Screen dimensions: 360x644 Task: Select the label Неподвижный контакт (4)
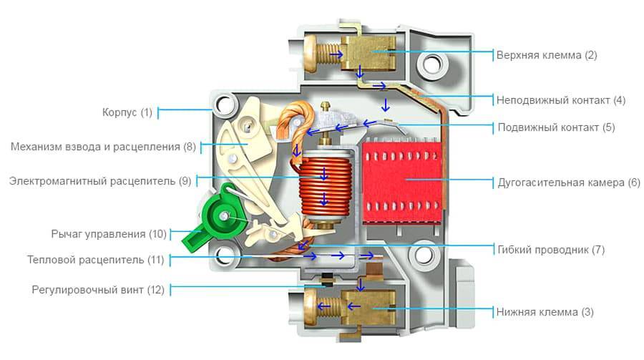[561, 100]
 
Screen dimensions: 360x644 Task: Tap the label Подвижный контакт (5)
[556, 128]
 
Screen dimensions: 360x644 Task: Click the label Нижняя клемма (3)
[545, 312]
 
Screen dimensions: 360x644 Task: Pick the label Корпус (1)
[127, 112]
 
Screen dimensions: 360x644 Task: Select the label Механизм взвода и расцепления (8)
[103, 147]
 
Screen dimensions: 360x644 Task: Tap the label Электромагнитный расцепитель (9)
[100, 181]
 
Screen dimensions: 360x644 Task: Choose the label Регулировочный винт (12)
[98, 290]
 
